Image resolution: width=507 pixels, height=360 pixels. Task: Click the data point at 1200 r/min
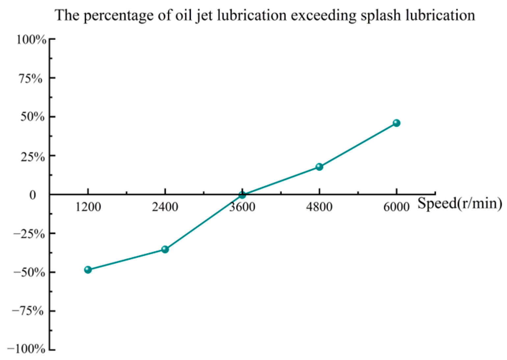click(88, 270)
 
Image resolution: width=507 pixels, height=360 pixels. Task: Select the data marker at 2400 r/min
click(165, 249)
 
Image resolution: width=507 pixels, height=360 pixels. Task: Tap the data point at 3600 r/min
click(242, 195)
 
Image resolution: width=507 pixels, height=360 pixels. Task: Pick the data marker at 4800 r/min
click(319, 167)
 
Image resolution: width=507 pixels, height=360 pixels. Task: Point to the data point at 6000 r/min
click(397, 123)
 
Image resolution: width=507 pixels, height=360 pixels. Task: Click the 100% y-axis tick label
click(31, 40)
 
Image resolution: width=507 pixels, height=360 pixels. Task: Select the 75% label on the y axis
click(31, 79)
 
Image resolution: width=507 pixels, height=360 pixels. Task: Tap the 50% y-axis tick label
click(32, 117)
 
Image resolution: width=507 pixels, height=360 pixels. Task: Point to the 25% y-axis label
click(32, 156)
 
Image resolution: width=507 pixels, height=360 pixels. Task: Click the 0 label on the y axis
click(32, 195)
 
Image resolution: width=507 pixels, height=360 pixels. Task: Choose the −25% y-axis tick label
click(29, 234)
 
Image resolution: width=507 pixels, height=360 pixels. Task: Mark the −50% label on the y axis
click(29, 272)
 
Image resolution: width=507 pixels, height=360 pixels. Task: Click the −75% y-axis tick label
click(28, 311)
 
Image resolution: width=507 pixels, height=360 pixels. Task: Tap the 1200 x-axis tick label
click(88, 208)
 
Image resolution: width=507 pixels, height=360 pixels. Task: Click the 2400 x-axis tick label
click(165, 208)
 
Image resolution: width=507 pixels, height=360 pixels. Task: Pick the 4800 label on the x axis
click(319, 208)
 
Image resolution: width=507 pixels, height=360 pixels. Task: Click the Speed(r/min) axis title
click(460, 204)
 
